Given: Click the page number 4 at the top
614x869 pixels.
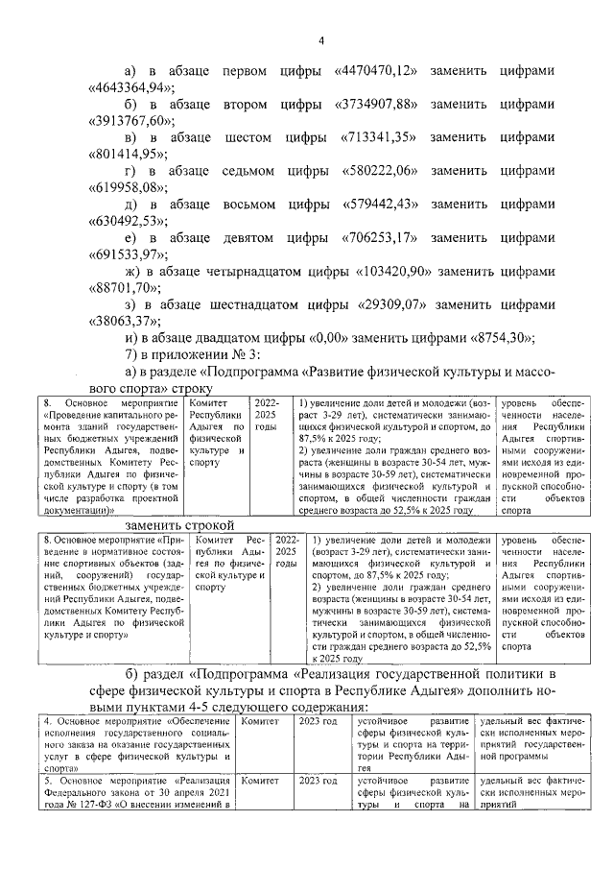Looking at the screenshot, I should tap(321, 39).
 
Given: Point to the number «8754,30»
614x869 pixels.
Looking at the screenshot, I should tap(497, 338).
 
